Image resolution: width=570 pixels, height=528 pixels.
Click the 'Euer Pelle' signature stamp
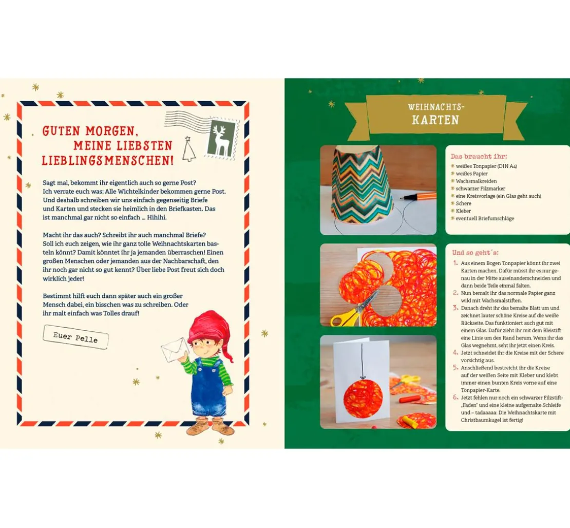point(75,337)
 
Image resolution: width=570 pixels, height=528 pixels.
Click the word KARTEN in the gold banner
point(435,120)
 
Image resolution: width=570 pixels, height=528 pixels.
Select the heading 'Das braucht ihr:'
point(479,156)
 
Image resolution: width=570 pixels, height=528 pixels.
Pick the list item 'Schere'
point(463,203)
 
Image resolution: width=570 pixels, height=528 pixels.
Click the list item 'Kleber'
point(463,211)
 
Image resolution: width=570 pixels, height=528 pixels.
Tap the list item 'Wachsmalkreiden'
point(476,181)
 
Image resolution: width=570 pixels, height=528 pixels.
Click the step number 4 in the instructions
point(455,352)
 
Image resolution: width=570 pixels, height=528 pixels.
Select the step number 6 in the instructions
point(455,397)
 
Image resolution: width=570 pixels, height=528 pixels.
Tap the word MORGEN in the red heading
point(112,131)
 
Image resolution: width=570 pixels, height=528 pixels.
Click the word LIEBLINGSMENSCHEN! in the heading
point(108,160)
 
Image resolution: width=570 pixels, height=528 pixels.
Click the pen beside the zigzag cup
point(417,196)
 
